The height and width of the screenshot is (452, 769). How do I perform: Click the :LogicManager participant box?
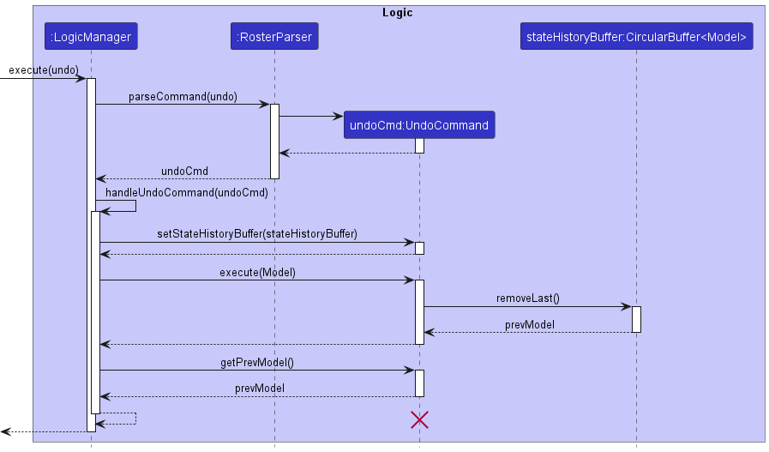pos(91,37)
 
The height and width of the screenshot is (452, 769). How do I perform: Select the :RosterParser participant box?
pos(274,37)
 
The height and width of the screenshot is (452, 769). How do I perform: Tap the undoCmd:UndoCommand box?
pos(419,125)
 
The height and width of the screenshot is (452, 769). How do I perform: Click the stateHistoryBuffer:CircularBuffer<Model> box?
pos(636,37)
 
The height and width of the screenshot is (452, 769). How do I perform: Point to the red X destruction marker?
pos(419,419)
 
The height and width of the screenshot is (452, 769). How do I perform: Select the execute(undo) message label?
pos(44,69)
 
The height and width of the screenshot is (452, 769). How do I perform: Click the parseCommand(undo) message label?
pos(183,96)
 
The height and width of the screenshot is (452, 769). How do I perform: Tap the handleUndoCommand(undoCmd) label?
pos(187,192)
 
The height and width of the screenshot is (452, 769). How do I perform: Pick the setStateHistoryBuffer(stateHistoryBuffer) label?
pos(257,233)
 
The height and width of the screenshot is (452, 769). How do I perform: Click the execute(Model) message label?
pos(257,272)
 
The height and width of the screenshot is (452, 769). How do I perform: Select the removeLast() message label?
pos(527,298)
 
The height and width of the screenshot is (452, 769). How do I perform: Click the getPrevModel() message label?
pos(257,363)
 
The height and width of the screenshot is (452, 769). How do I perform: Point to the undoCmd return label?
pos(184,171)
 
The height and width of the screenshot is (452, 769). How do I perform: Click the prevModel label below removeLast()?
pos(529,324)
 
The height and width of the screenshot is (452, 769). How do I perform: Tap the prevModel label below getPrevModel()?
pos(260,389)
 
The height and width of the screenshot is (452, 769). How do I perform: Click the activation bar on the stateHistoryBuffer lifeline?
pos(636,319)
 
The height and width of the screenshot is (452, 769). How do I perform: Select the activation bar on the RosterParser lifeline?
pos(275,141)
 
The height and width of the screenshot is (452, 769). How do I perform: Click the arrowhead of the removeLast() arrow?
pos(627,306)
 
